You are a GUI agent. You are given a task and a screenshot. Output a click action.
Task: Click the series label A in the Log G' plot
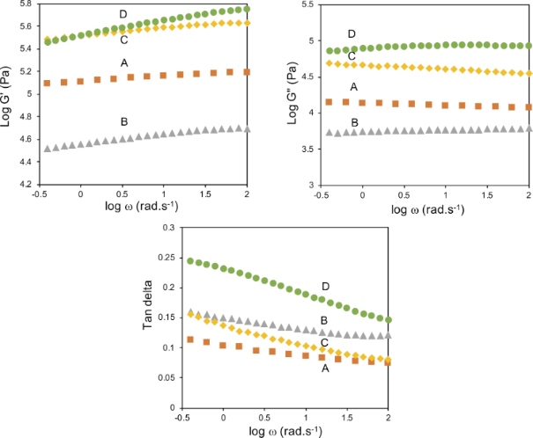(x=124, y=61)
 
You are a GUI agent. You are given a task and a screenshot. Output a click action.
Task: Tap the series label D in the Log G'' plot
(x=352, y=33)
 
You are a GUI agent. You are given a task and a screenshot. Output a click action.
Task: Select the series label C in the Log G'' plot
(x=352, y=55)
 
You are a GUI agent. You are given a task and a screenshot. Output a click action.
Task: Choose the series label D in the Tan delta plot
(x=326, y=287)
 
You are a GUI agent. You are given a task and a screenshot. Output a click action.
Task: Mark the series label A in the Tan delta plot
(x=326, y=369)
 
